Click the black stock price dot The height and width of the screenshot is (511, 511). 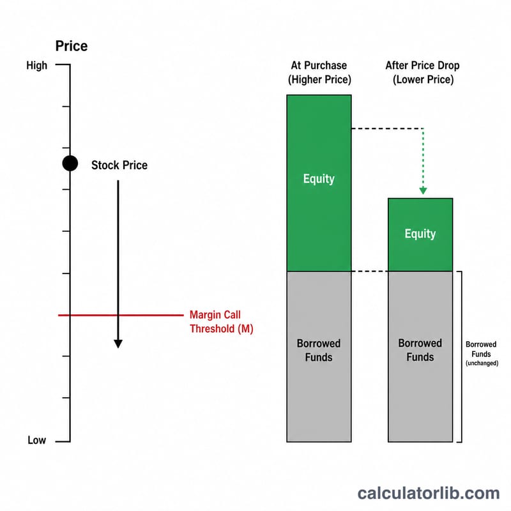[70, 164]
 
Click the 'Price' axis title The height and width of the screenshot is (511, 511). [72, 46]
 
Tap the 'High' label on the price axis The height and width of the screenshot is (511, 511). [36, 66]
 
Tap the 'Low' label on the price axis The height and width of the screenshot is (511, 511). [36, 440]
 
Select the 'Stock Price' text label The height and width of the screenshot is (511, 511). [119, 165]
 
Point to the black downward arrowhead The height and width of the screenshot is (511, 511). [118, 344]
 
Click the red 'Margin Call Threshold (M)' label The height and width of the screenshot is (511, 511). [221, 322]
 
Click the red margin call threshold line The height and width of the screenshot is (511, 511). [121, 315]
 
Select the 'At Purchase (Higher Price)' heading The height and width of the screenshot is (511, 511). [319, 72]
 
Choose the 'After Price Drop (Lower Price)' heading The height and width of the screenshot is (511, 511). [423, 72]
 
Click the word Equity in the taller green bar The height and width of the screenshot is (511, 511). [319, 179]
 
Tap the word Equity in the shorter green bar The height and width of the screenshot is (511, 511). [420, 234]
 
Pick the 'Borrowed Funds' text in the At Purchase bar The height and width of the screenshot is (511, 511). [319, 350]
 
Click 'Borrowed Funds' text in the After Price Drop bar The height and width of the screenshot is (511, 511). [420, 350]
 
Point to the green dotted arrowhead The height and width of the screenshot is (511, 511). [423, 191]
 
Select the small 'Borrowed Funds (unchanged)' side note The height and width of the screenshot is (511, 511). [482, 354]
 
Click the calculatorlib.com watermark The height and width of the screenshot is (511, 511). [429, 493]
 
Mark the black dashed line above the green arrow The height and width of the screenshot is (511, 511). [388, 129]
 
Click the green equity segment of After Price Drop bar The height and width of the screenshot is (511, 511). [420, 234]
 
